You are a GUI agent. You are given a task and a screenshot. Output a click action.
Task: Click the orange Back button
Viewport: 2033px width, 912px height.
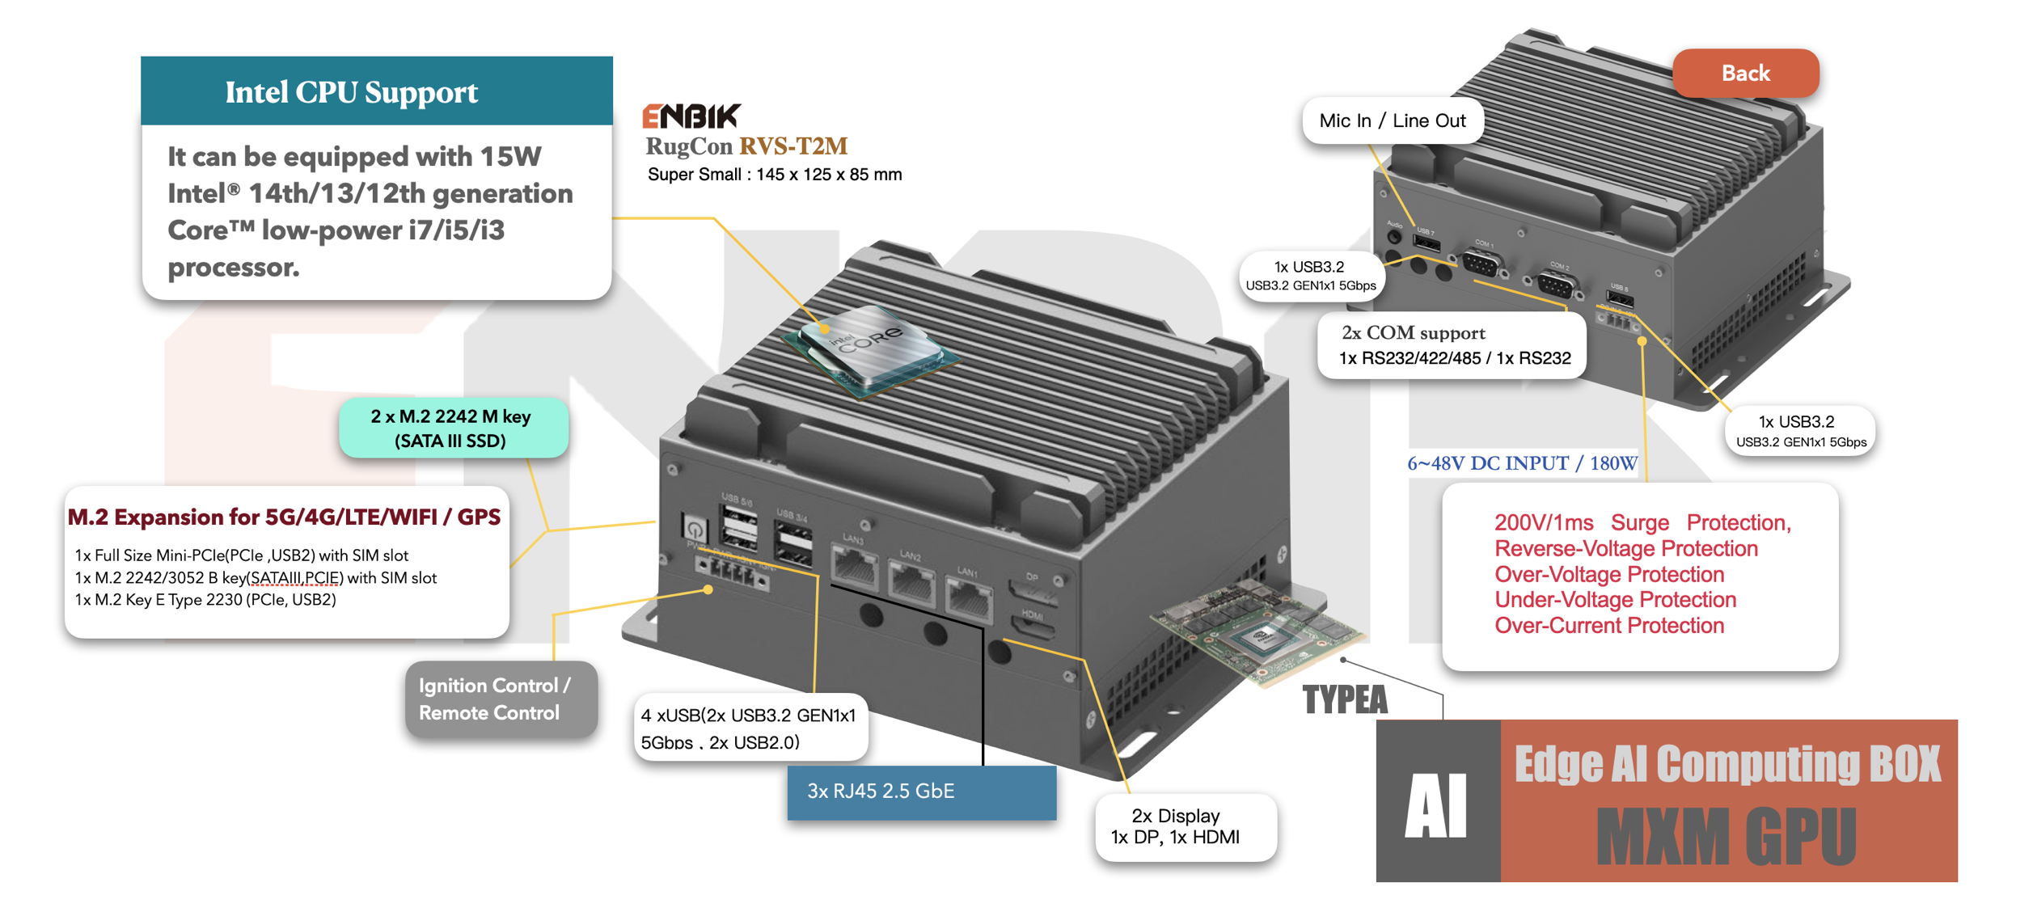(x=1744, y=74)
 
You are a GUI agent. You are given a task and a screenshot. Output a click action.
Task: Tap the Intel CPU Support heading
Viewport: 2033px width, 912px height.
(x=351, y=92)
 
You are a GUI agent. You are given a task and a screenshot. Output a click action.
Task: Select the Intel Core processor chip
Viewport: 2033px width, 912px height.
(x=870, y=348)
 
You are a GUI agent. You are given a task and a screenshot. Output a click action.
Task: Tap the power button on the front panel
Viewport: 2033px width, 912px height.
(x=694, y=529)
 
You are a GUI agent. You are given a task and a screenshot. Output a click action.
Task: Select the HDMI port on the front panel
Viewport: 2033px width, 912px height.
(x=1033, y=627)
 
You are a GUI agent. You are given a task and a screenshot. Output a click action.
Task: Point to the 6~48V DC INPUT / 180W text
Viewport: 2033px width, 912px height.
(x=1522, y=463)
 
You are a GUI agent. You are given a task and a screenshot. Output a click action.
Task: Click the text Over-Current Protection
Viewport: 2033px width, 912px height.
(x=1608, y=626)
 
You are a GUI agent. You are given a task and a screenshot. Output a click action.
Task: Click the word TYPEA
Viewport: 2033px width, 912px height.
(x=1344, y=700)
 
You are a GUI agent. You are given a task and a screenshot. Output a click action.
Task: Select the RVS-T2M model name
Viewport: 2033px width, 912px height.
(x=793, y=146)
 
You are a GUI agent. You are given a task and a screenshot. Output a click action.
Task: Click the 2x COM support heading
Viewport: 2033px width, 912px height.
(x=1413, y=333)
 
